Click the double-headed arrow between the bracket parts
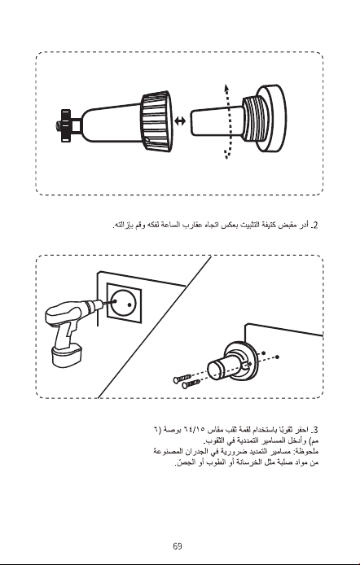(180, 121)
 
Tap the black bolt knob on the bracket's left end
(65, 125)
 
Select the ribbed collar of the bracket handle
(156, 121)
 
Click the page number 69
(178, 546)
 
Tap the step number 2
(315, 226)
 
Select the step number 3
(315, 430)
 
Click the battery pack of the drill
(67, 355)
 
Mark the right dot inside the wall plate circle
(130, 304)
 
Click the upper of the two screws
(182, 379)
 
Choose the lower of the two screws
(191, 384)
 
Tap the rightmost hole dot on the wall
(278, 357)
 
